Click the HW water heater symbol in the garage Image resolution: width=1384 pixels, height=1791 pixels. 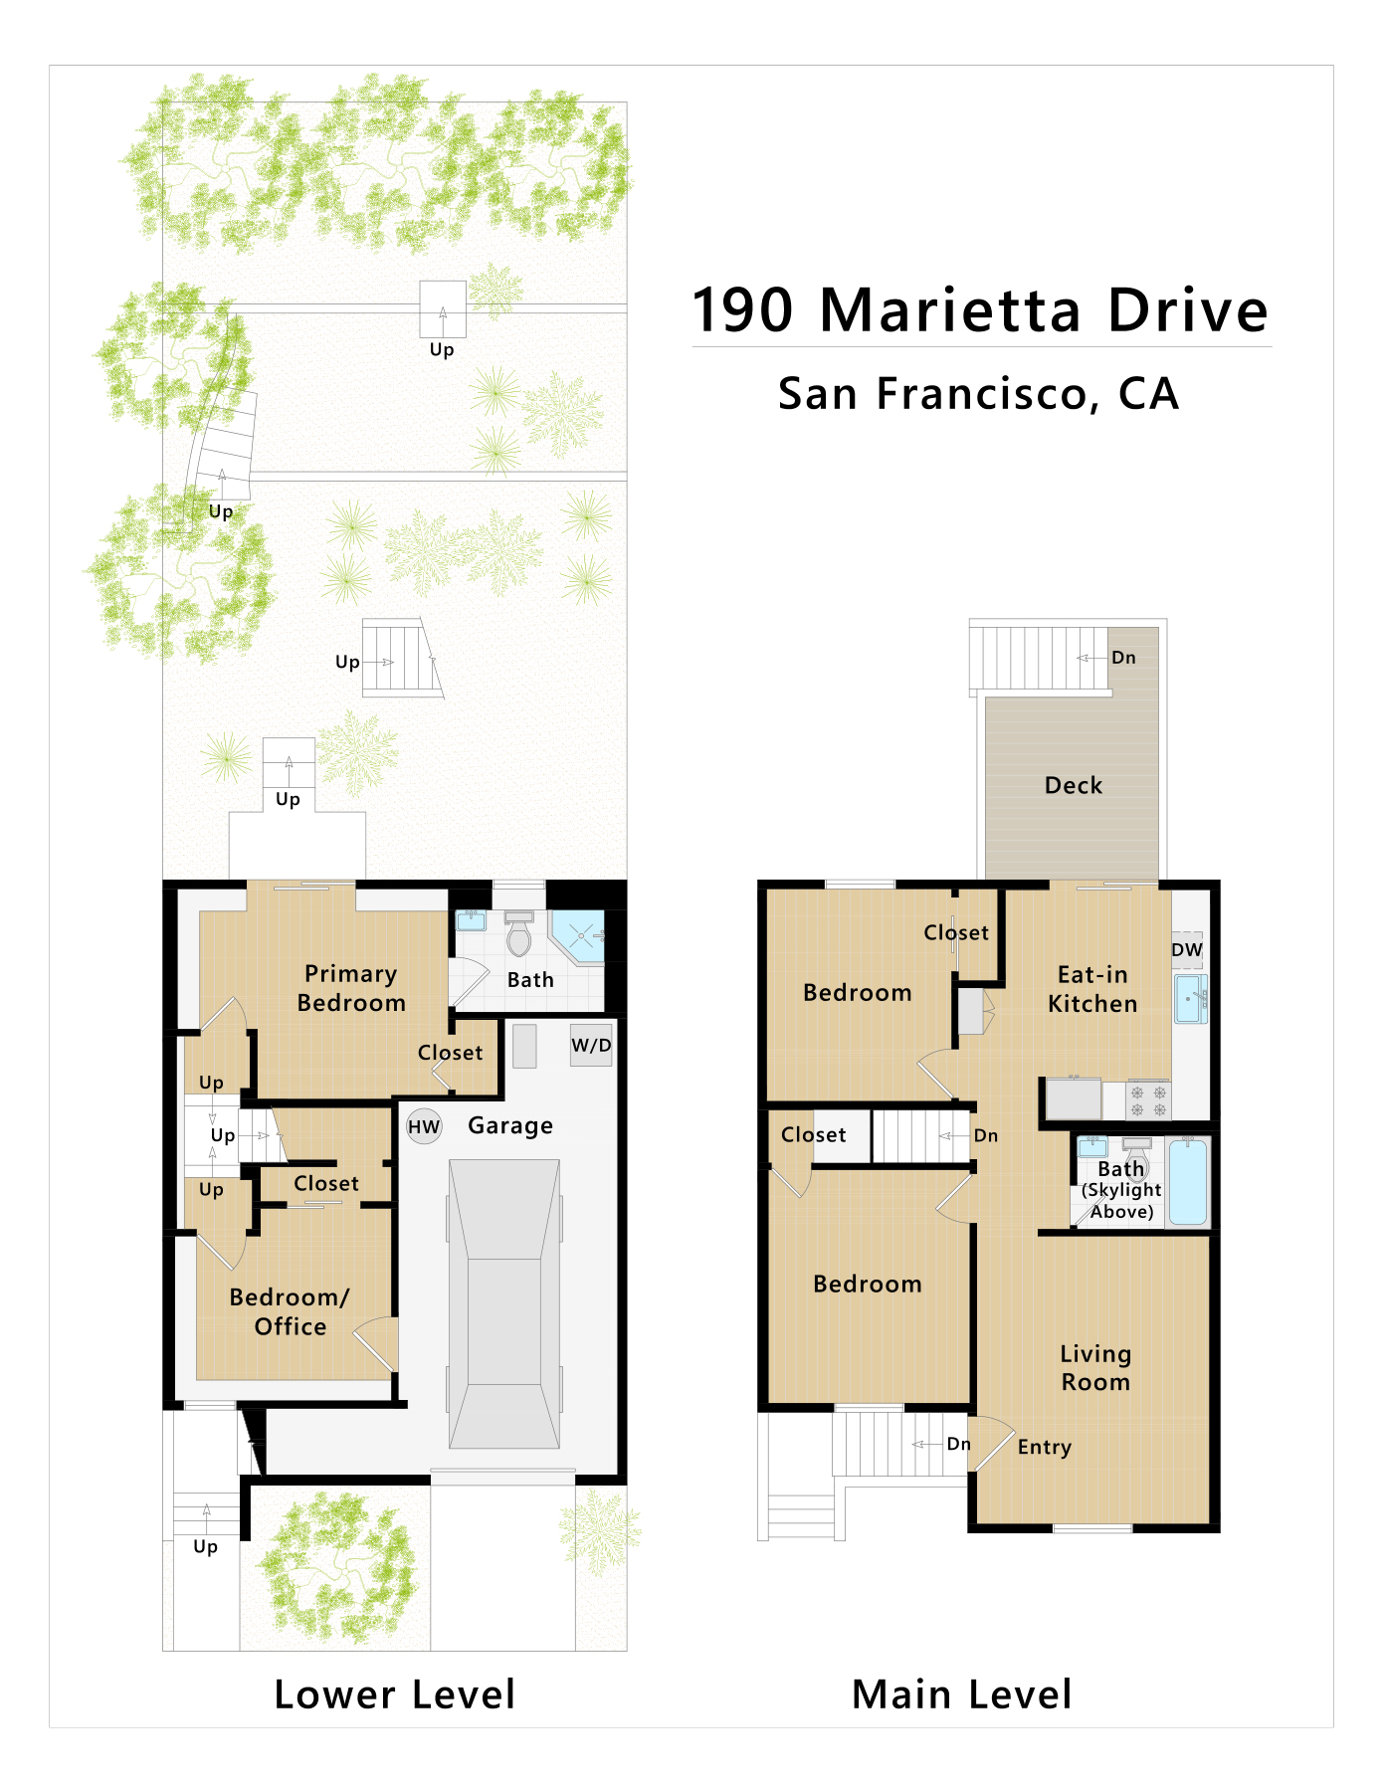424,1126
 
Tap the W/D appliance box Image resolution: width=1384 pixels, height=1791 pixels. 591,1046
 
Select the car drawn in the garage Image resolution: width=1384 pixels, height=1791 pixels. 504,1303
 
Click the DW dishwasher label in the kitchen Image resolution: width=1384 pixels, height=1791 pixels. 1187,949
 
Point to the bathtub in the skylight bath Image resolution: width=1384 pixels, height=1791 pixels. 1188,1182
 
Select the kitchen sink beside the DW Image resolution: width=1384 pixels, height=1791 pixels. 1190,999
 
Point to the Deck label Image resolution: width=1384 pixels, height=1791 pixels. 1074,785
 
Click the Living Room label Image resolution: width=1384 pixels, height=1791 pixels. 1095,1367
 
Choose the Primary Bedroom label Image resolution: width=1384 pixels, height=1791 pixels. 351,988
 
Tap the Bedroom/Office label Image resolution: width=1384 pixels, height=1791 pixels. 290,1311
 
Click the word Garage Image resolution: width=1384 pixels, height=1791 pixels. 510,1125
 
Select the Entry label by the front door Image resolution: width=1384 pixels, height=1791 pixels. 1045,1448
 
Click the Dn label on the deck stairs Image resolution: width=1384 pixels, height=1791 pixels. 1123,658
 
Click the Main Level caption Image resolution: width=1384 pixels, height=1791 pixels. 962,1694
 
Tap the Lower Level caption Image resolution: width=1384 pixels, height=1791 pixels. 395,1694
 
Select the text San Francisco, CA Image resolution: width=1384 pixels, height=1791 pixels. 979,394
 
